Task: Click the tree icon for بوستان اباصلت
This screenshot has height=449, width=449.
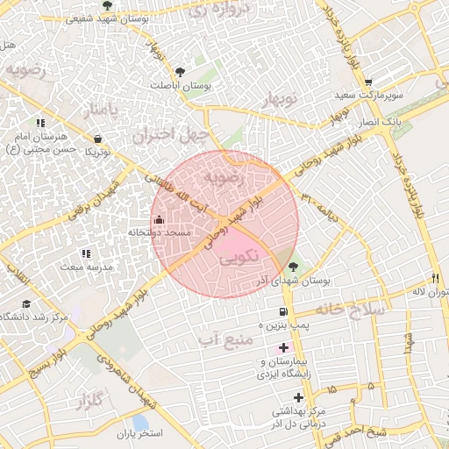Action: (180, 72)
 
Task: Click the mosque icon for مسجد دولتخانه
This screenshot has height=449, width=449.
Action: (159, 219)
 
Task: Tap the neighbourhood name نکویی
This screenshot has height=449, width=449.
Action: (239, 258)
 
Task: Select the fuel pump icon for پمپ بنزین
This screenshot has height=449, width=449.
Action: (281, 312)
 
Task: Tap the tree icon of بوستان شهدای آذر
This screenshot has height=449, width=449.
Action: (293, 267)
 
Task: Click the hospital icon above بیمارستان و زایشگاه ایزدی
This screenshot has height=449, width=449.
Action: (283, 348)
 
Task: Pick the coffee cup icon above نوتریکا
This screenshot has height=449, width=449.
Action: (97, 139)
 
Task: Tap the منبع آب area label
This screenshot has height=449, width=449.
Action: (218, 338)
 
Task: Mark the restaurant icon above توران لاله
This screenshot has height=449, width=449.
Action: (437, 277)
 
